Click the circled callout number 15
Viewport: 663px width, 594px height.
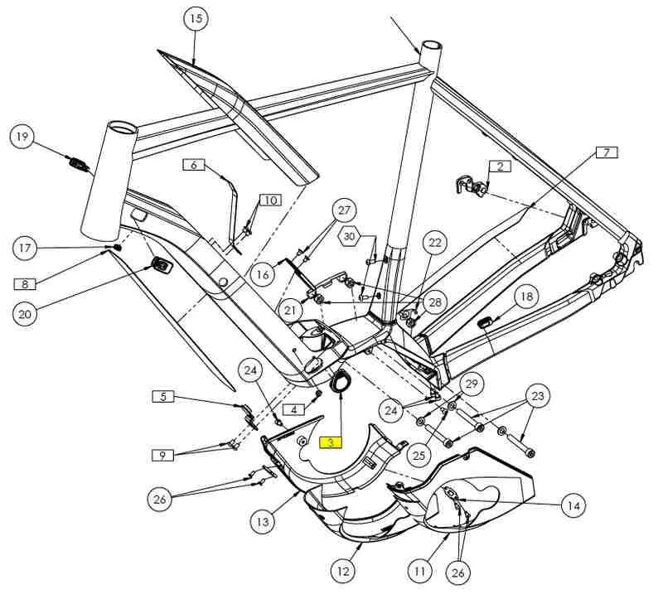tap(195, 18)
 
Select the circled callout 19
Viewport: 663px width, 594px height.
tap(23, 136)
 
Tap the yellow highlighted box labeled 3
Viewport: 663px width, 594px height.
tap(331, 442)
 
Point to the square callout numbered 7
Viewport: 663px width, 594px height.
tap(606, 152)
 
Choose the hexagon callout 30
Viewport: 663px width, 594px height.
tap(351, 237)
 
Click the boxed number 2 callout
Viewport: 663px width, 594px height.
tap(500, 166)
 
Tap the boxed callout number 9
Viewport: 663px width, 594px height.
tap(162, 455)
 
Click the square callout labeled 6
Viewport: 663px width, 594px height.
tap(194, 165)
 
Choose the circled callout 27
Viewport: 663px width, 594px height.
tap(346, 211)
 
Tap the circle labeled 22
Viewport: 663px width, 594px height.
tap(434, 243)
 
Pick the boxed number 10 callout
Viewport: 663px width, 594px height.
tap(271, 200)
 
